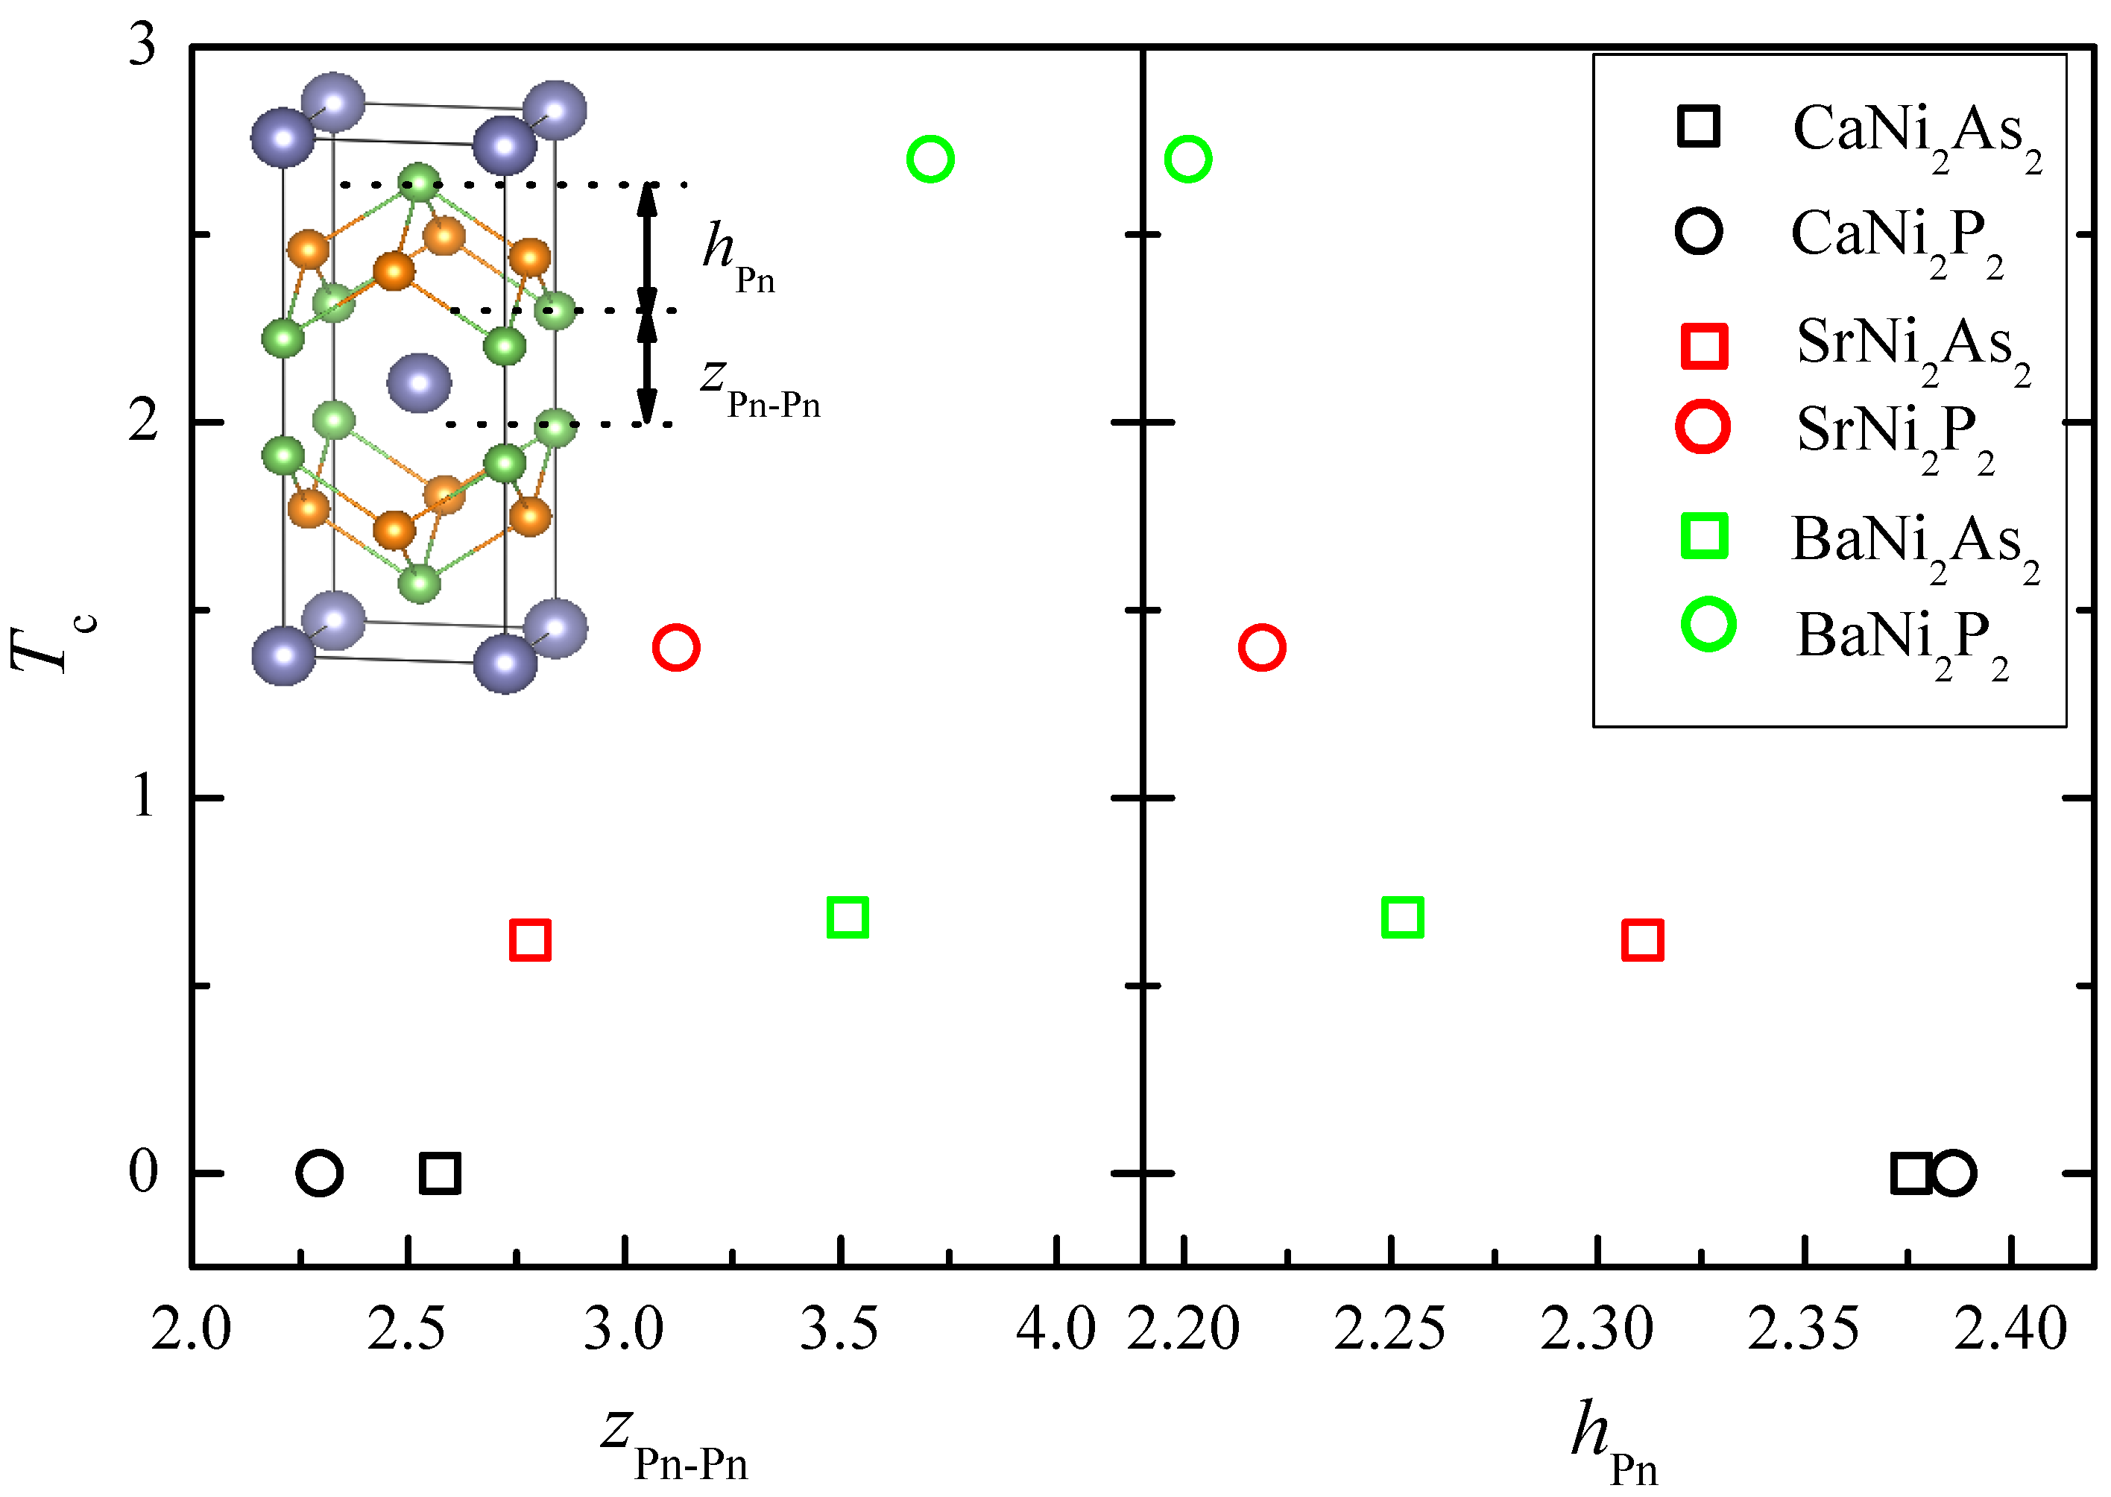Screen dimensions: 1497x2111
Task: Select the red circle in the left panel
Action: (675, 647)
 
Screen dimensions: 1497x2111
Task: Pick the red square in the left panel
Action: (530, 940)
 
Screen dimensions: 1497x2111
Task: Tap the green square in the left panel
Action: (848, 917)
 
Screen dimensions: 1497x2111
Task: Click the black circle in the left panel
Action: (320, 1173)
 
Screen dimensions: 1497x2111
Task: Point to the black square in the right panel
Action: (1910, 1173)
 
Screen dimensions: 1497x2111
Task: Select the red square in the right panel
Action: (1642, 940)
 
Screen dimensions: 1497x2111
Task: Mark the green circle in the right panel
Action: (1187, 160)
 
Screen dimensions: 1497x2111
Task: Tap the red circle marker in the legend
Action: (1703, 428)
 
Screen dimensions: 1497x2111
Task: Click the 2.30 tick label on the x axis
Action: (1597, 1329)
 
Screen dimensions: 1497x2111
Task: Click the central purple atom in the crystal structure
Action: (419, 382)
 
